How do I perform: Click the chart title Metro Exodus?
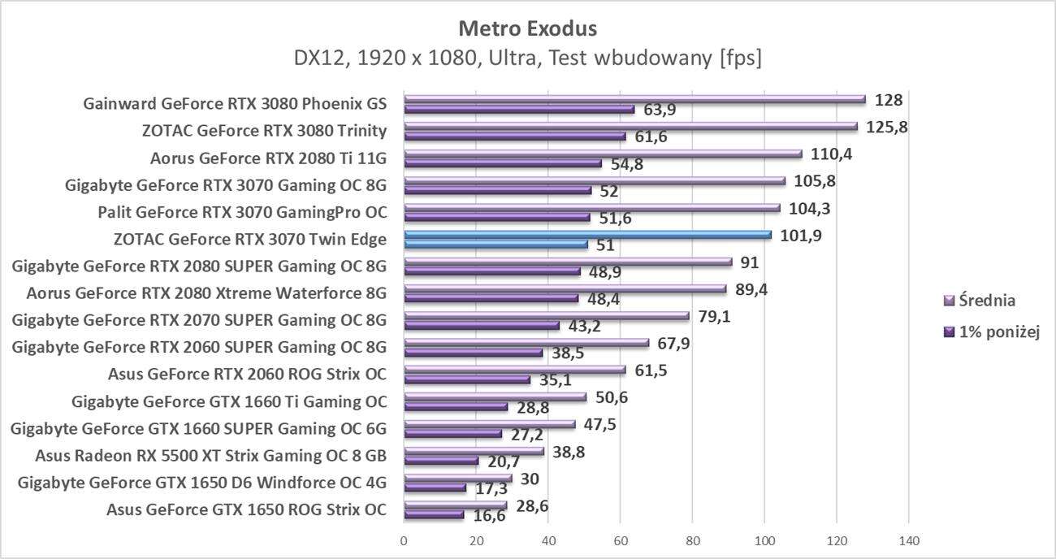[527, 29]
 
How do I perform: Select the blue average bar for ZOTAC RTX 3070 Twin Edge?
[587, 235]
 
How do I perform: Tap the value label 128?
[889, 100]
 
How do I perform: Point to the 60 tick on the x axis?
[620, 540]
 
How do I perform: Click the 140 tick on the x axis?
[908, 540]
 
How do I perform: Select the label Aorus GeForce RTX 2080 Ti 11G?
[268, 158]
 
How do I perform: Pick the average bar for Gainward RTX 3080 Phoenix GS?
[634, 99]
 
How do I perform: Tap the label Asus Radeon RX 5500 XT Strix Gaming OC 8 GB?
[211, 455]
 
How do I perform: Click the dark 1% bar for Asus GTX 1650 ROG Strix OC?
[434, 514]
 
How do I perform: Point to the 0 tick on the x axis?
[404, 540]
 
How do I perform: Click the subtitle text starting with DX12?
[527, 58]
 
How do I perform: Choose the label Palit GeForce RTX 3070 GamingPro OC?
[241, 213]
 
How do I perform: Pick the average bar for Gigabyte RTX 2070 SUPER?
[546, 316]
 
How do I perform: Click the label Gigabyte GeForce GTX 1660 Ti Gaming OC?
[229, 401]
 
